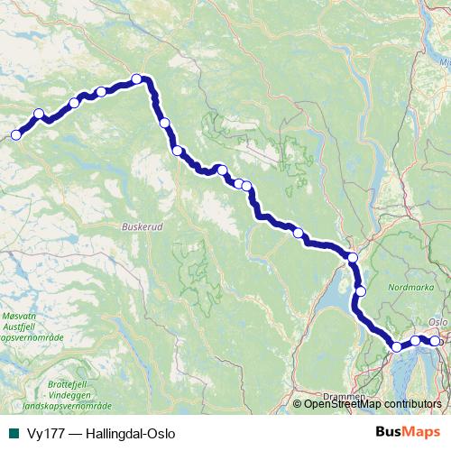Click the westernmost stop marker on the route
15,135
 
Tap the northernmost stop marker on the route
137,78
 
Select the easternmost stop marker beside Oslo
435,341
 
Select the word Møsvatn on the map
20,317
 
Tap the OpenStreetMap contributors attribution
373,404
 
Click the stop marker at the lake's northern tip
353,258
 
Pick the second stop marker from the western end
39,115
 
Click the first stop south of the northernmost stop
164,123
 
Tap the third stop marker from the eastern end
396,346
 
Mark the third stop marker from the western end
74,102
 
